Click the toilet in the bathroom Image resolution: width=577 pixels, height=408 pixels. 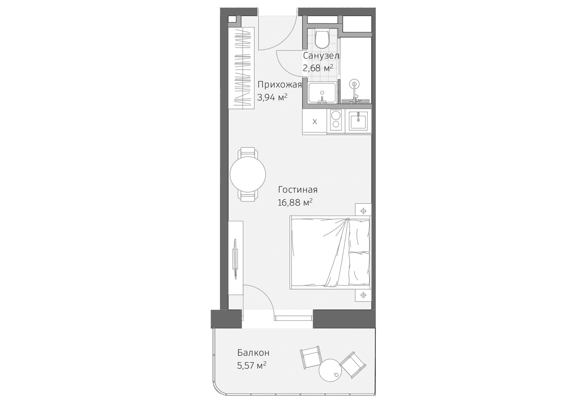(x=321, y=39)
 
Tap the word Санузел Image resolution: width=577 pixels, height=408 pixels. (x=321, y=56)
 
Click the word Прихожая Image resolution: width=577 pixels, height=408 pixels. (x=279, y=85)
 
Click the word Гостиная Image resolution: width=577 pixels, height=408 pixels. (x=298, y=190)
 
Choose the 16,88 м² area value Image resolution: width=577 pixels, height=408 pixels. (x=295, y=202)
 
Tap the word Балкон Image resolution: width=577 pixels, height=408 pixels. (x=253, y=353)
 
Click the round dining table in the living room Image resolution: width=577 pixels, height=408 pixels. (x=248, y=175)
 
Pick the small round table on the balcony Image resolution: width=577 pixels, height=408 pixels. (x=330, y=370)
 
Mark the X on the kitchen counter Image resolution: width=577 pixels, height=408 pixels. (x=314, y=122)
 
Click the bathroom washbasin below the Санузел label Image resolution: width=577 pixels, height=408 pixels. (x=322, y=93)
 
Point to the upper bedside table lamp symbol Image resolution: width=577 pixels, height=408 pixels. (x=363, y=211)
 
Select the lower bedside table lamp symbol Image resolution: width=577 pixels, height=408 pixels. (x=363, y=295)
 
